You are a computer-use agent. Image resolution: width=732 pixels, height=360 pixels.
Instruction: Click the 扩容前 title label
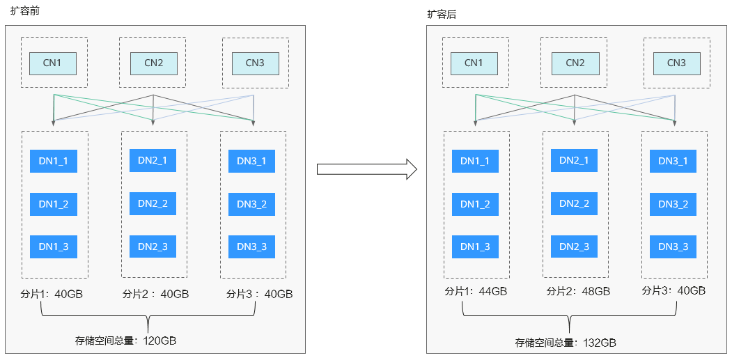pyautogui.click(x=25, y=11)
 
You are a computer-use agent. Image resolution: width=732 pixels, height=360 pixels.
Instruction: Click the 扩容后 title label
pyautogui.click(x=442, y=15)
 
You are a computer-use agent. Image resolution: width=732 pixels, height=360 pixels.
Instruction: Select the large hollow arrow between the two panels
pyautogui.click(x=366, y=169)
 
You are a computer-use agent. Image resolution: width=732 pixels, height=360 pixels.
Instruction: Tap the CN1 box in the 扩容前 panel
pyautogui.click(x=53, y=63)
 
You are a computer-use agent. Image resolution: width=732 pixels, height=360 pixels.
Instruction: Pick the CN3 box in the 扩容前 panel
pyautogui.click(x=256, y=63)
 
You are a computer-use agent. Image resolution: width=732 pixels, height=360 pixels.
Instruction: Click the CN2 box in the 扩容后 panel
pyautogui.click(x=575, y=63)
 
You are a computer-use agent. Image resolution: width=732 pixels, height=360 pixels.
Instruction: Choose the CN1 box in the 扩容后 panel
pyautogui.click(x=474, y=63)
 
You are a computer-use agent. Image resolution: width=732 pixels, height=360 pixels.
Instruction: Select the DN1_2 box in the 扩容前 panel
pyautogui.click(x=54, y=204)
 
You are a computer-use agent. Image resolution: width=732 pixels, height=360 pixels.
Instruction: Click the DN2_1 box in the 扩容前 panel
pyautogui.click(x=153, y=161)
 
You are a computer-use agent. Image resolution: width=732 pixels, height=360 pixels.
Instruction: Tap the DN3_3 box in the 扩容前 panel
pyautogui.click(x=251, y=246)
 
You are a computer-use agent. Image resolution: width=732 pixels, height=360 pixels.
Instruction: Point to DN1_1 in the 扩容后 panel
pyautogui.click(x=475, y=161)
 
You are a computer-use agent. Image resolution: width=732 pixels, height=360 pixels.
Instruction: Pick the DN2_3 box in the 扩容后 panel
pyautogui.click(x=574, y=246)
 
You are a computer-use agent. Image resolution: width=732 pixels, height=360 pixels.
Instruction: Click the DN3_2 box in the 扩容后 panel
pyautogui.click(x=673, y=204)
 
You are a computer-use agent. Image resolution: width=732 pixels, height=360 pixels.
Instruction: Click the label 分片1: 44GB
pyautogui.click(x=476, y=292)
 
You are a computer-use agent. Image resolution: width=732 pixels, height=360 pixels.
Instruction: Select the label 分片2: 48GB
pyautogui.click(x=578, y=292)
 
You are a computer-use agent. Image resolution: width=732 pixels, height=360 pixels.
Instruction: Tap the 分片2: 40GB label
pyautogui.click(x=155, y=294)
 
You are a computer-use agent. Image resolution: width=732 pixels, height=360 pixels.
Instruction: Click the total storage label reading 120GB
pyautogui.click(x=125, y=341)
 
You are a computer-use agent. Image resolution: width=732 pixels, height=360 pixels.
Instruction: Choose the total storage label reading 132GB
pyautogui.click(x=566, y=343)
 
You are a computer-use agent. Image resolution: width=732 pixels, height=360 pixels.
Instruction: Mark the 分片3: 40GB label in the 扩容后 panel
pyautogui.click(x=673, y=290)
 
